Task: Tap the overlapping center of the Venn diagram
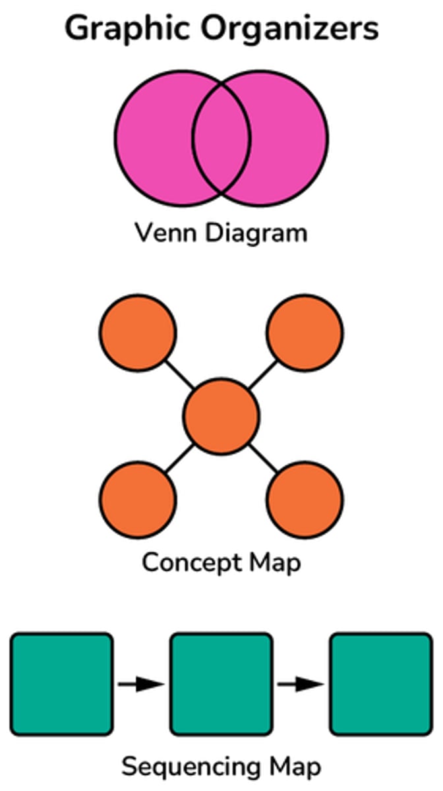(x=221, y=138)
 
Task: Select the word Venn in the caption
(x=161, y=233)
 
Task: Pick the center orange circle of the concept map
(x=221, y=417)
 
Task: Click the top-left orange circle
(x=138, y=332)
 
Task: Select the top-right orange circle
(x=305, y=332)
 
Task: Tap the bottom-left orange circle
(x=138, y=500)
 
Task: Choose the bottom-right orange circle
(x=305, y=500)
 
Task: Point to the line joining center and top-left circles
(x=180, y=374)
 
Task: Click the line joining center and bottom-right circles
(x=263, y=458)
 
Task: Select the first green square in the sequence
(x=62, y=684)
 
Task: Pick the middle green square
(x=221, y=684)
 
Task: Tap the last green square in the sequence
(x=381, y=684)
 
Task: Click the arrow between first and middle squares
(x=141, y=684)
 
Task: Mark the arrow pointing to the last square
(x=301, y=684)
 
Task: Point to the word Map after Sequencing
(x=295, y=767)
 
